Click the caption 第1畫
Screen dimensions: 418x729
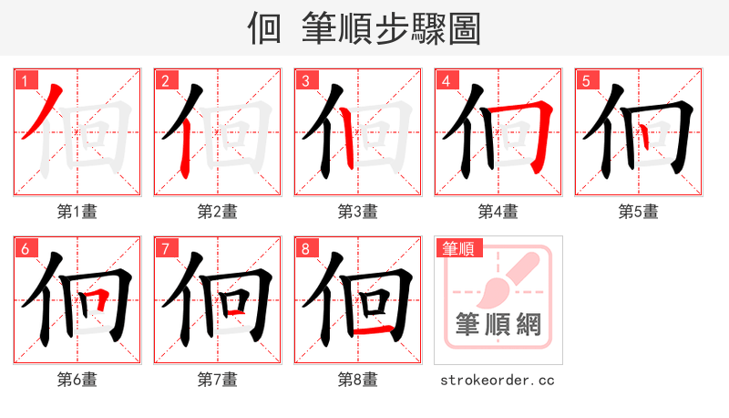point(77,212)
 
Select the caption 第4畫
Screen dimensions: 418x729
point(498,212)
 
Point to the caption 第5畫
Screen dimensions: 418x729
point(639,212)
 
